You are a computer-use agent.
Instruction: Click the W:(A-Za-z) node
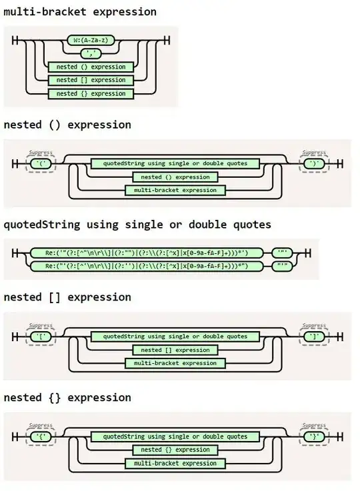90,40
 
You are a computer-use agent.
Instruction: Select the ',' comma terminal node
90,53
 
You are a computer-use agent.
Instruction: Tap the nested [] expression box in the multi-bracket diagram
91,80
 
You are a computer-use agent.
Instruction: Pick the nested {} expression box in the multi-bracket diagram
91,94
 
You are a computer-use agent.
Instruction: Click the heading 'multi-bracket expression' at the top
80,12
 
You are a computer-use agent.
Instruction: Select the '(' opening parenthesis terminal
41,163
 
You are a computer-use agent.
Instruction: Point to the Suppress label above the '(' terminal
41,153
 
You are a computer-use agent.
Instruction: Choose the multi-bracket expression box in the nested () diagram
175,191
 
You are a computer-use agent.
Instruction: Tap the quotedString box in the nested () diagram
175,163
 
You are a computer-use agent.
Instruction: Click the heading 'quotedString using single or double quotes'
137,225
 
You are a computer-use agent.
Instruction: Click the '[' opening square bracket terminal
41,336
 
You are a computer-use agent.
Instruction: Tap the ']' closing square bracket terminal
313,336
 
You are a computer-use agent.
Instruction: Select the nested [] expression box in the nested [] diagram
175,350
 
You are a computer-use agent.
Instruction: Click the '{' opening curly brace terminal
41,436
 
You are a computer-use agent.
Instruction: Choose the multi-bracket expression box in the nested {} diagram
175,463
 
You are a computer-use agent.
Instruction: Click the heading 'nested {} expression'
67,398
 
